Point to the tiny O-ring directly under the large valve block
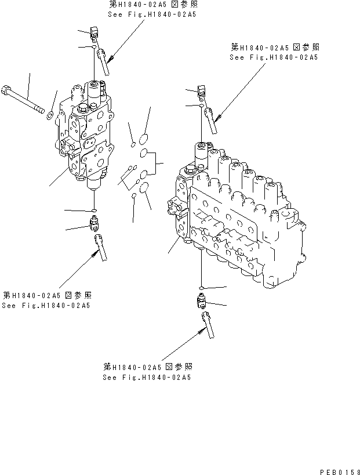pyautogui.click(x=200, y=288)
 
